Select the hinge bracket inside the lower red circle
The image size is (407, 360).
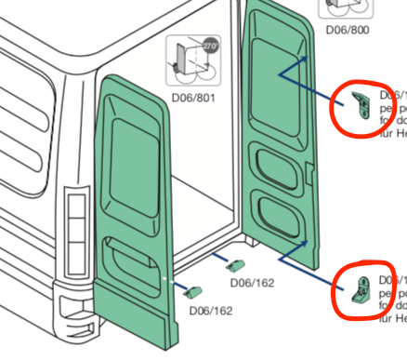click(x=361, y=289)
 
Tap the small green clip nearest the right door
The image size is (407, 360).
click(x=236, y=265)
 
